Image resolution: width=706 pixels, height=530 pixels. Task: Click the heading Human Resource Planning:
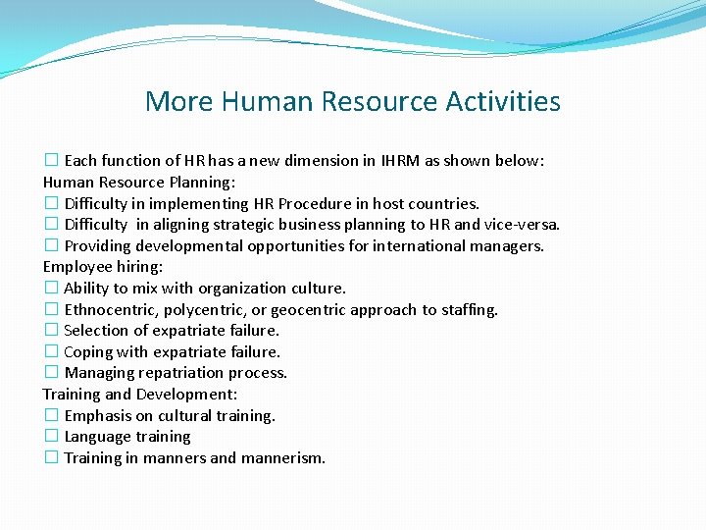coord(139,182)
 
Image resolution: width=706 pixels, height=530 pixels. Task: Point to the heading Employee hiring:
coord(103,267)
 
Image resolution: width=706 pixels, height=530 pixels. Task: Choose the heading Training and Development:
coord(140,395)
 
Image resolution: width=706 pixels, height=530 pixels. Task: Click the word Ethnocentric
coord(110,310)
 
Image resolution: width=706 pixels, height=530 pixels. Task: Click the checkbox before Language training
coord(51,437)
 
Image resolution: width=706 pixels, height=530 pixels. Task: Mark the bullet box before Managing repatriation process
coord(51,373)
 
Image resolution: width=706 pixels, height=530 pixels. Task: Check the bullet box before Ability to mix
coord(51,289)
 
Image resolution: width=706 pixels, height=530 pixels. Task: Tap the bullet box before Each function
coord(51,161)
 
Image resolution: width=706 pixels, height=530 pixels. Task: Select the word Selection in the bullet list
coord(96,331)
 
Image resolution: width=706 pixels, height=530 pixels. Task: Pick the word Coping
coord(87,352)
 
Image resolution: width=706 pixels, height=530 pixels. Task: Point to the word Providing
coord(98,246)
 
